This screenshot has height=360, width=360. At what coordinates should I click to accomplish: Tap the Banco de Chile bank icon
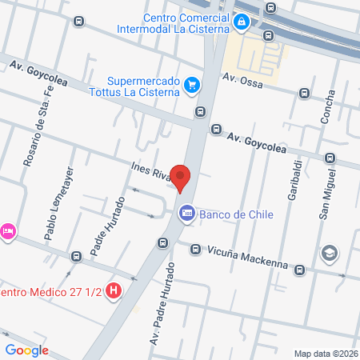click(x=187, y=214)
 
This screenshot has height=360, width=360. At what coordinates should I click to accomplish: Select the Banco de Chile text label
click(x=238, y=214)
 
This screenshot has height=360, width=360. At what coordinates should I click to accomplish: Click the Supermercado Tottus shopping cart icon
click(x=192, y=84)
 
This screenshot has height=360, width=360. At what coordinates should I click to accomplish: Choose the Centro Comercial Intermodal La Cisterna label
click(x=184, y=25)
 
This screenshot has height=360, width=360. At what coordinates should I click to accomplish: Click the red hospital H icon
click(x=114, y=290)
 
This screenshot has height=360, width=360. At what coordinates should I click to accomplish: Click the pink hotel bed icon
click(x=7, y=231)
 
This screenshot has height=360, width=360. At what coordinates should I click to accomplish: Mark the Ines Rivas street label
click(x=150, y=171)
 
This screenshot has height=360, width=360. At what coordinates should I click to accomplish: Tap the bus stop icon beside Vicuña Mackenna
click(x=195, y=250)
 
